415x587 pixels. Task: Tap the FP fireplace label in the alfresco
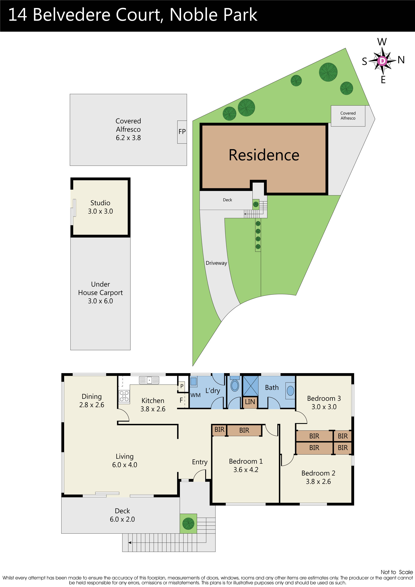[182, 132]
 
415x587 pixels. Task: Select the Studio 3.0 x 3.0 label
[100, 207]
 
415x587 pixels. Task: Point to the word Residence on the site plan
[264, 155]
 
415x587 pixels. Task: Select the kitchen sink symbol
[149, 380]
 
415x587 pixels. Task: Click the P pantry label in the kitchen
[182, 386]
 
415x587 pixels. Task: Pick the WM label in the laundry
[195, 395]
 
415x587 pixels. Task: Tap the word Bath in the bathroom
[272, 388]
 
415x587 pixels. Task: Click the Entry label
[200, 462]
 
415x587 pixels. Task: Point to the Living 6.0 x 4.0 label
[125, 461]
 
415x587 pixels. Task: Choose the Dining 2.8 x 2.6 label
[91, 401]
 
